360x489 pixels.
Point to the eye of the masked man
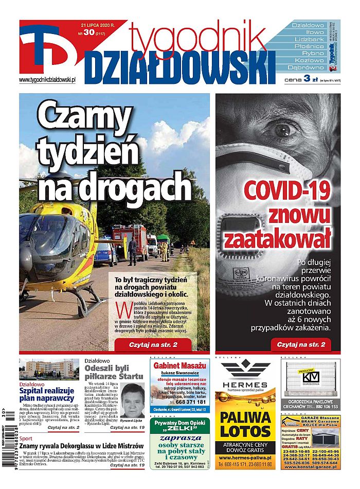[x=282, y=129]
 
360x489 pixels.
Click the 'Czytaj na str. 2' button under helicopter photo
[x=153, y=344]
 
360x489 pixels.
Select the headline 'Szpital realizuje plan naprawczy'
[x=47, y=394]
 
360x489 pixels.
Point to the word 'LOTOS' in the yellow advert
[x=246, y=432]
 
